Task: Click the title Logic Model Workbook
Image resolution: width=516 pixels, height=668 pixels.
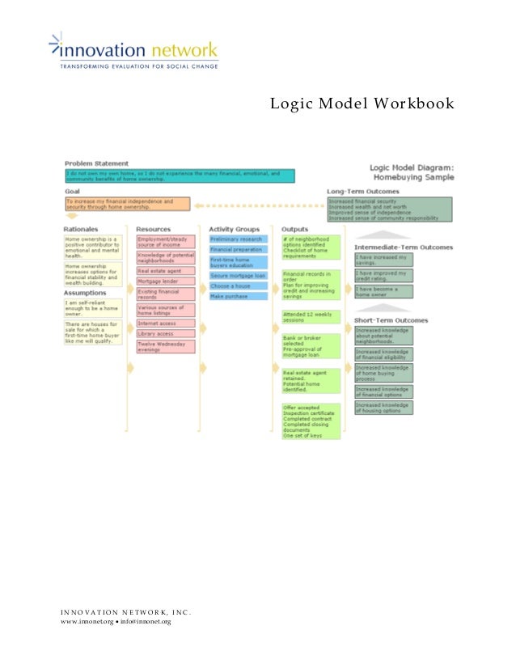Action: [x=362, y=104]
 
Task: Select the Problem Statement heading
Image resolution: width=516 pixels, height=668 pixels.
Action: [x=96, y=163]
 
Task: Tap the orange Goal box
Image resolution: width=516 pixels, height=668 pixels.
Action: [x=127, y=204]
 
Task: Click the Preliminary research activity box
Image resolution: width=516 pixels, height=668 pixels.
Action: [x=238, y=239]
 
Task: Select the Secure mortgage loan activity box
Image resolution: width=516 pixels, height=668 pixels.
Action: [x=238, y=276]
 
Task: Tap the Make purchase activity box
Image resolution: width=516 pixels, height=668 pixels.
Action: [x=238, y=296]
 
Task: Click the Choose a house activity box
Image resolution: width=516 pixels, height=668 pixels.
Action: [x=238, y=285]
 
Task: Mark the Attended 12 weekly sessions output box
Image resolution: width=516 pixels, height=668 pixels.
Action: [x=311, y=316]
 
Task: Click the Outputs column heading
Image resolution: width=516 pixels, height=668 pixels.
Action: [x=294, y=230]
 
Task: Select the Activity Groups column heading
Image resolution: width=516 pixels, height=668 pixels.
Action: [x=235, y=230]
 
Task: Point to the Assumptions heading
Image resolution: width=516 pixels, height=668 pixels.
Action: [x=84, y=293]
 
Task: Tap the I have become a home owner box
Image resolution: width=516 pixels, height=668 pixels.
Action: [x=383, y=291]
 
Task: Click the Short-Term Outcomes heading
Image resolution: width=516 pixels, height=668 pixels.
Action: [x=392, y=320]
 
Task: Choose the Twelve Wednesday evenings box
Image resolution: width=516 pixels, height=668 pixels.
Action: [x=166, y=346]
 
